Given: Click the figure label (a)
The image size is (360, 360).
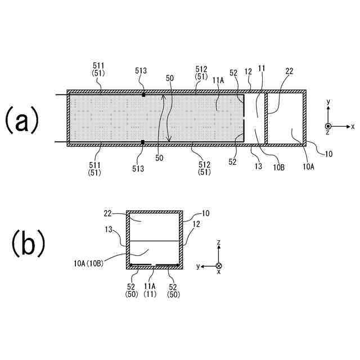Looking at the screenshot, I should (x=23, y=120).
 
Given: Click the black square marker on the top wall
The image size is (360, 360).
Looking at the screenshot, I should (x=143, y=94).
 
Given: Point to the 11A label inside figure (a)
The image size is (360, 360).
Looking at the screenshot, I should (x=219, y=80).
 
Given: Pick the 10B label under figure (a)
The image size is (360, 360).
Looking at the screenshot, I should (x=277, y=166).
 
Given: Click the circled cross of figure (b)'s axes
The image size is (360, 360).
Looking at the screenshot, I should (x=218, y=265).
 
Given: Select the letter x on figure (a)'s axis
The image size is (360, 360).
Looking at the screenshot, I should (x=353, y=127).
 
